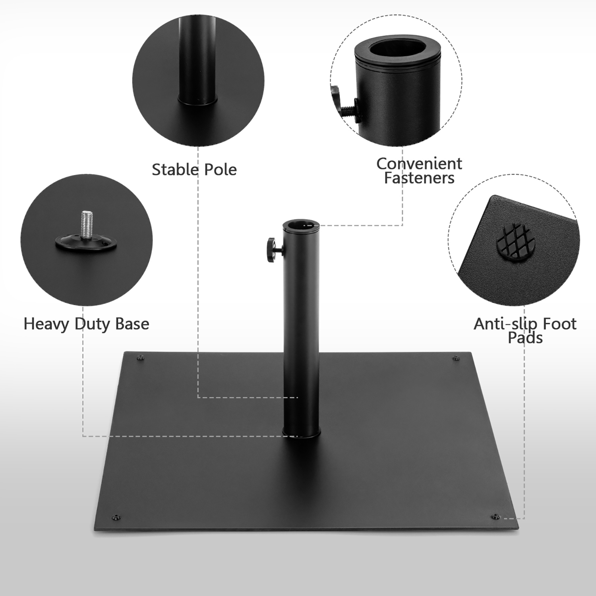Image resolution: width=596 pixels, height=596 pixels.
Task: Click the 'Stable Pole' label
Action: tap(194, 170)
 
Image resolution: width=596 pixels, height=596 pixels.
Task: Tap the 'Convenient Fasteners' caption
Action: tap(419, 171)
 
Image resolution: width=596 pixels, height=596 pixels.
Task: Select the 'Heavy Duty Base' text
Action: tap(86, 324)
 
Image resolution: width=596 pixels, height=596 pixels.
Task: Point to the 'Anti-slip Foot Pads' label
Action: tap(525, 331)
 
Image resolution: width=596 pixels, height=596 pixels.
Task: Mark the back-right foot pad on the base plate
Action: tap(456, 359)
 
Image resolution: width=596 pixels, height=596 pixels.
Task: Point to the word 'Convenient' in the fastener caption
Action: tap(419, 164)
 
